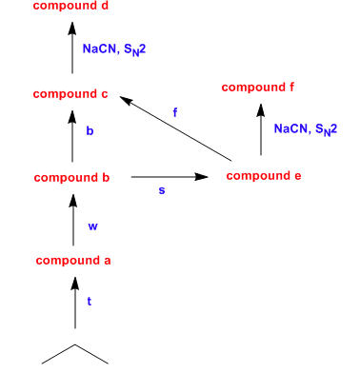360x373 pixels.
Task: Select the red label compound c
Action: coord(71,94)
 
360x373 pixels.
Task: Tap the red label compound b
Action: coord(72,178)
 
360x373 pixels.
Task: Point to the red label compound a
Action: coord(73,261)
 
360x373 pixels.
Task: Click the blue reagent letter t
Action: coord(90,301)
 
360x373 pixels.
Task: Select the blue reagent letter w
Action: coord(92,226)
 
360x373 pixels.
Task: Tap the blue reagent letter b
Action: coord(90,132)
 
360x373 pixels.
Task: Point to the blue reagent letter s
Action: coord(161,190)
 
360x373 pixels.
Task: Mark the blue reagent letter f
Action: coord(174,113)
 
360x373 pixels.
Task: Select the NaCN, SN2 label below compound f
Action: coord(305,128)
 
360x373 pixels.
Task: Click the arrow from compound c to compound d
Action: coord(72,48)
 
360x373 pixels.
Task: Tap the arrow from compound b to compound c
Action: coord(72,134)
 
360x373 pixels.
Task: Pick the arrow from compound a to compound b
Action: coord(72,219)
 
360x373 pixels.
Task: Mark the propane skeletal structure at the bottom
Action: coord(75,354)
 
